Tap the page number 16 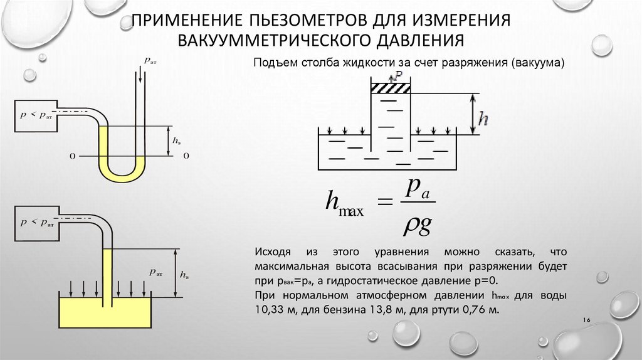click(587, 321)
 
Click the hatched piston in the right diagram click(389, 88)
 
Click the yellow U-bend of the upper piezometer click(124, 176)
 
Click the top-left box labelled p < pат click(35, 115)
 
